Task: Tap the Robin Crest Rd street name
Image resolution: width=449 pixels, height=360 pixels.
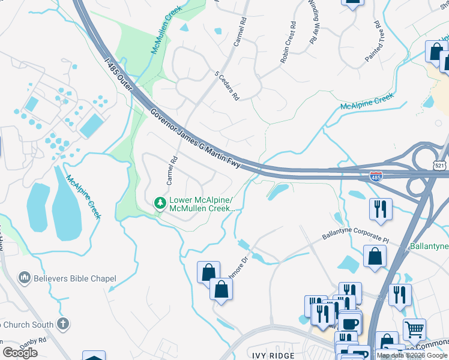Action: click(x=288, y=43)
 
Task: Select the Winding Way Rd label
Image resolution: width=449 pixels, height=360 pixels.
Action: click(x=313, y=23)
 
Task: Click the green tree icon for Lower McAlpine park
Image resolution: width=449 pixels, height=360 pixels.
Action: click(x=160, y=203)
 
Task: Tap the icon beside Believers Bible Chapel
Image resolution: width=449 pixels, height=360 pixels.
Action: click(x=25, y=278)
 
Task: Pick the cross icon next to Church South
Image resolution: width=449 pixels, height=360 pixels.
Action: click(x=63, y=325)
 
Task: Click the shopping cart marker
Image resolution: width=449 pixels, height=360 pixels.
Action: click(x=414, y=328)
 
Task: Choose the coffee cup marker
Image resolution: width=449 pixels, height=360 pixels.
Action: click(x=350, y=323)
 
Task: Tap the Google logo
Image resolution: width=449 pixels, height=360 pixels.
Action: click(x=20, y=353)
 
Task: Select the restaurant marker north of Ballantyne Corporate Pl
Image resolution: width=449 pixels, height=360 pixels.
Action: click(x=381, y=209)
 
